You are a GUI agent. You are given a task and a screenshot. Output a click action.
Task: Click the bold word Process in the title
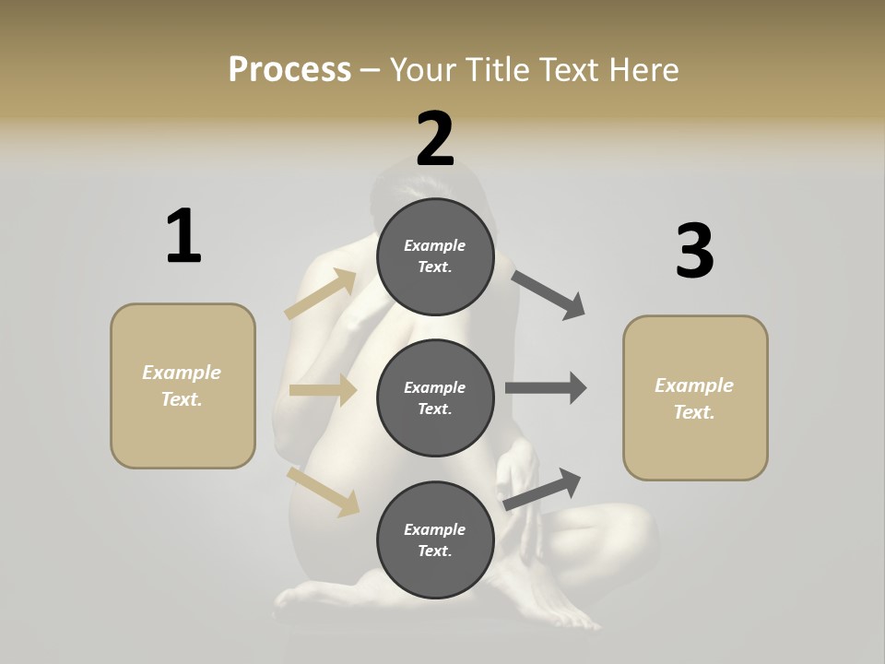click(x=289, y=69)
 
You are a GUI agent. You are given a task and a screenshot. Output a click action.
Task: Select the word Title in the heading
click(x=498, y=69)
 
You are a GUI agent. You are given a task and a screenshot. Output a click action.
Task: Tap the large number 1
click(x=183, y=236)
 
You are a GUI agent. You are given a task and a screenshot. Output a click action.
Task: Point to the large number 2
click(x=435, y=139)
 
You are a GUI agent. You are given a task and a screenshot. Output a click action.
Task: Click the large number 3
click(x=694, y=251)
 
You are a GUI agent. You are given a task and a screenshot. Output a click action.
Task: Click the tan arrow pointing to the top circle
click(x=322, y=294)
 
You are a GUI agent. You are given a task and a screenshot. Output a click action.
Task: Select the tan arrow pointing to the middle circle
click(x=323, y=390)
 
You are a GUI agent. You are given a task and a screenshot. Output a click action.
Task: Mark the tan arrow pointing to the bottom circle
click(x=323, y=491)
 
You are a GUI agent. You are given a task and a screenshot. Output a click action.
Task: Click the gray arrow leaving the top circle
click(x=549, y=295)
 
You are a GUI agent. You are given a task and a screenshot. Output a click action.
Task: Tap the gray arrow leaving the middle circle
click(x=545, y=388)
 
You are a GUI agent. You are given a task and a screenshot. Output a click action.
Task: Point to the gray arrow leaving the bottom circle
click(x=543, y=490)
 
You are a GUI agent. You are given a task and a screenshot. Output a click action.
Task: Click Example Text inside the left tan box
click(x=182, y=385)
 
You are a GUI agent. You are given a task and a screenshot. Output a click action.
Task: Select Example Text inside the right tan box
click(x=694, y=398)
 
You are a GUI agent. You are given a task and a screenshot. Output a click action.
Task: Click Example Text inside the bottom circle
click(x=434, y=539)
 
